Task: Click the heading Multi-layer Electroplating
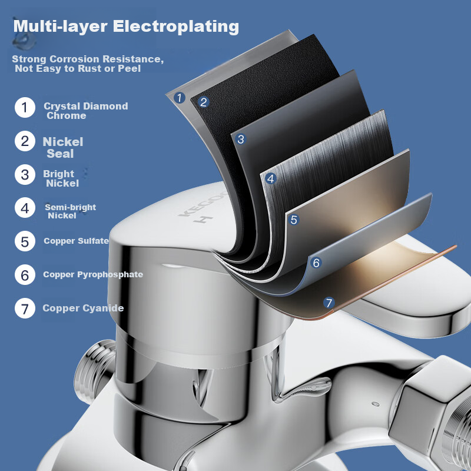click(x=126, y=27)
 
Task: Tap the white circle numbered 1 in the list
click(x=25, y=108)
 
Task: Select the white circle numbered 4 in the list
click(x=25, y=208)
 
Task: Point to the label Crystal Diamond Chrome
click(x=85, y=111)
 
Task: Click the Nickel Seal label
click(x=62, y=147)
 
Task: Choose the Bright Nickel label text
click(x=60, y=178)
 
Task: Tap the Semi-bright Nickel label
click(x=69, y=211)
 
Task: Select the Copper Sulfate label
click(x=76, y=241)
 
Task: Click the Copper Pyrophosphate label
click(x=93, y=274)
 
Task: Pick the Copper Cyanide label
click(x=83, y=309)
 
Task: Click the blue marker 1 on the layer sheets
click(x=180, y=98)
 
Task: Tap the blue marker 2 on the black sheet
click(x=204, y=101)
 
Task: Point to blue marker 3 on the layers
click(x=240, y=140)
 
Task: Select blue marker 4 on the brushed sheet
click(x=271, y=178)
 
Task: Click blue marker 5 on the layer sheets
click(x=294, y=220)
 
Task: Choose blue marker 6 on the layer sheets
click(x=316, y=263)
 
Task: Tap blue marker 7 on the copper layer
click(x=329, y=303)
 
